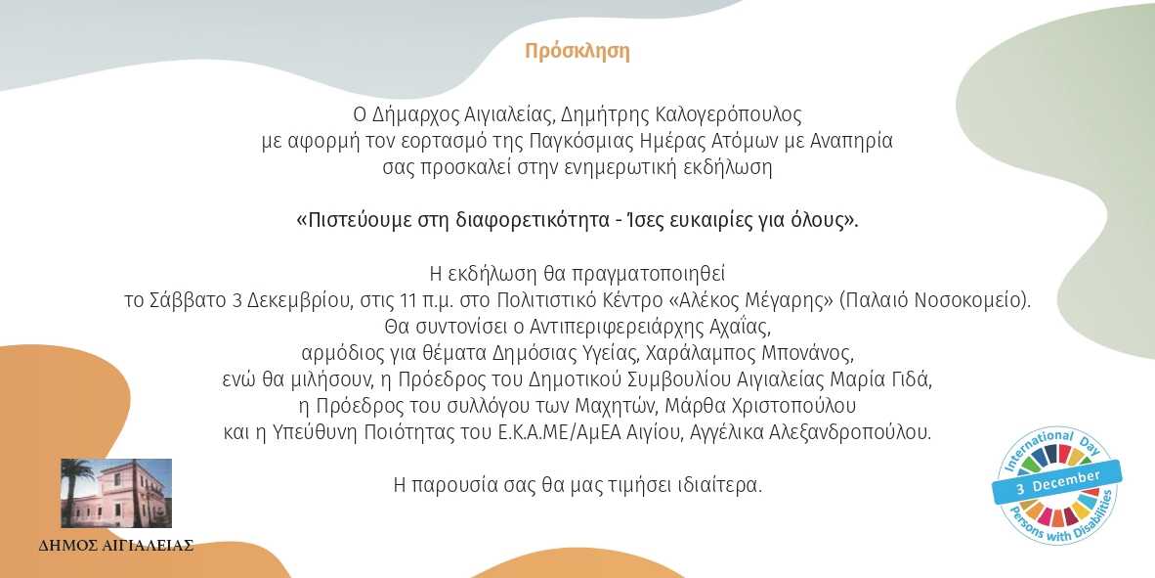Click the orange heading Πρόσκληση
(577, 52)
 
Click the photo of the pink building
(116, 493)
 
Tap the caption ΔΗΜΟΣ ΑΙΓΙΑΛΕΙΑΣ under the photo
(116, 547)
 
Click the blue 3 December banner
(1057, 481)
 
